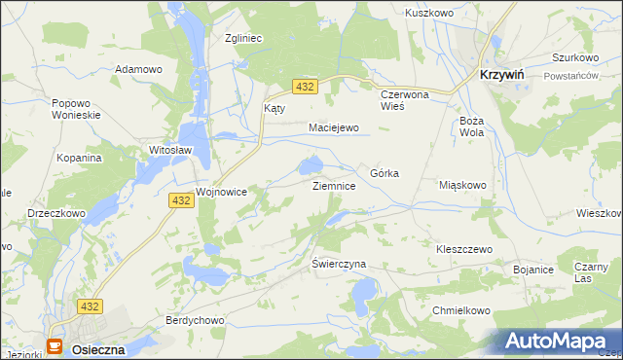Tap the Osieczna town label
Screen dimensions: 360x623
97,347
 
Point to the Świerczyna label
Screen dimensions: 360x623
339,264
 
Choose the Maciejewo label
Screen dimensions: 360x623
334,127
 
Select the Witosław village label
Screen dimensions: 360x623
169,151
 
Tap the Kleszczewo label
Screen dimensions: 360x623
464,249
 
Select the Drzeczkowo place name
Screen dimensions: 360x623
57,213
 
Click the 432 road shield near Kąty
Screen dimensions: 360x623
305,88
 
